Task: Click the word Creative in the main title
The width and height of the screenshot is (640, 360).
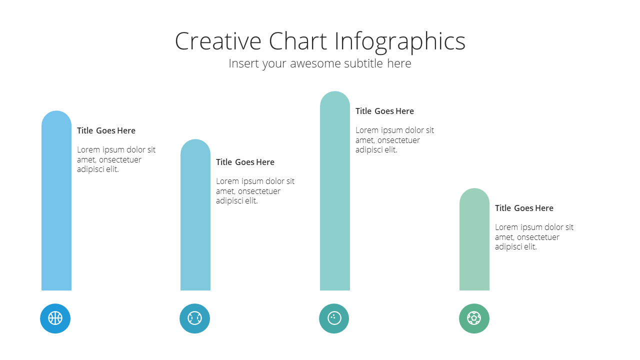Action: pos(218,41)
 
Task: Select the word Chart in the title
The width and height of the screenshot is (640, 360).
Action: pos(297,41)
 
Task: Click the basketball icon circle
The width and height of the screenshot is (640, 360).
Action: pos(55,318)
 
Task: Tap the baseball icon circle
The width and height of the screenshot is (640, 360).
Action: pos(194,318)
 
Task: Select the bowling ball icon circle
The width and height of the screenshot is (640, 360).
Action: pos(334,318)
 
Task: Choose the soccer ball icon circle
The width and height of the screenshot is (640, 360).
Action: pos(474,318)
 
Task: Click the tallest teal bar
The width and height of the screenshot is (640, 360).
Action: pos(335,191)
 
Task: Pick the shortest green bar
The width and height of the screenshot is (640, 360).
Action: pos(474,239)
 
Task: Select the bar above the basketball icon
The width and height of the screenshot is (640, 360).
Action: pos(56,200)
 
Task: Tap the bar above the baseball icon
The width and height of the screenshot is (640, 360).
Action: pos(195,215)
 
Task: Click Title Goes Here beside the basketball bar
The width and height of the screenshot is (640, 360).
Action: pos(106,130)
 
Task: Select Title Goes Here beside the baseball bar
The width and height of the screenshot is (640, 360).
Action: pos(245,162)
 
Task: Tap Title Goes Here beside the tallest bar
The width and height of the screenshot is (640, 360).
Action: pos(384,111)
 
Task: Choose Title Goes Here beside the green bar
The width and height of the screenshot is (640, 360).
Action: pos(524,208)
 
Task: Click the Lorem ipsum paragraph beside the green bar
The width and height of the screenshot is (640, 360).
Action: pos(534,237)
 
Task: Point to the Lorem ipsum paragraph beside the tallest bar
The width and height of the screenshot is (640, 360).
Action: pos(394,139)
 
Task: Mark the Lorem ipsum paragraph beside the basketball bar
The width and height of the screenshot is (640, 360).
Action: pos(116,159)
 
